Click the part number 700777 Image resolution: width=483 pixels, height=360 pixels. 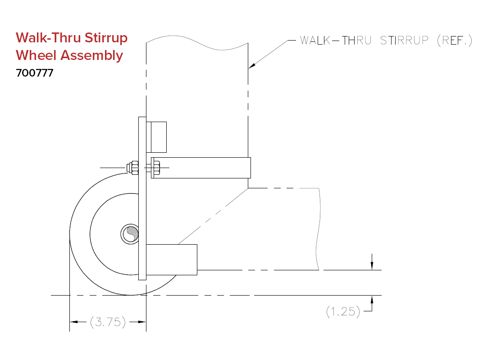point(35,73)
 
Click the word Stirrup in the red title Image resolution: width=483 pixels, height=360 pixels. point(106,38)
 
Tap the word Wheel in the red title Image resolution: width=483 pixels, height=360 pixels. point(36,55)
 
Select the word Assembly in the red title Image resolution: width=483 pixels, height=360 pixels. point(92,56)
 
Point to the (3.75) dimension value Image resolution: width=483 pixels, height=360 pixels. point(108,322)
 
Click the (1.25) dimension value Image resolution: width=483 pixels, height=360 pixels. point(343,311)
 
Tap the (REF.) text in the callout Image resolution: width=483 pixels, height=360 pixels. point(455,41)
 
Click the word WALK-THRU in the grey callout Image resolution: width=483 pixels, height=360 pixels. point(336,41)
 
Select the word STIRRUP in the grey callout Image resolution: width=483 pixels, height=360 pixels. point(404,41)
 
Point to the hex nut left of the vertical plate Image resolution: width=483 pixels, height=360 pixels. point(133,168)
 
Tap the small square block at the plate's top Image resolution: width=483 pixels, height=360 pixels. point(156,137)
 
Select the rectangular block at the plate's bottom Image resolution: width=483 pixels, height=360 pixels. point(172,260)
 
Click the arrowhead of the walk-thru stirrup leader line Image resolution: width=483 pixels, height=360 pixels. point(252,66)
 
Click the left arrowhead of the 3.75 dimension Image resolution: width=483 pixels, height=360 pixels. point(74,322)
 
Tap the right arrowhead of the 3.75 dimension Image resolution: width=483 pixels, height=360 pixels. point(142,322)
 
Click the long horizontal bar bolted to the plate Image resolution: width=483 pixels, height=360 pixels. point(201,168)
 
